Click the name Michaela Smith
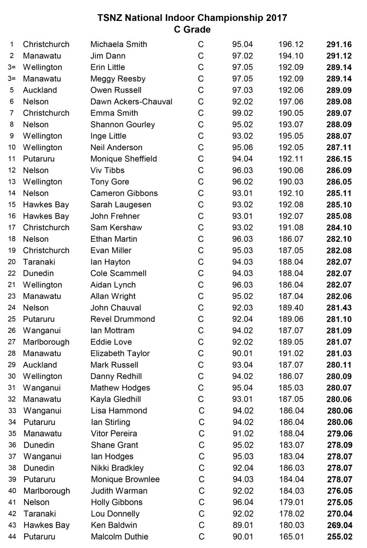coord(118,44)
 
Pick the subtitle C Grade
coord(192,30)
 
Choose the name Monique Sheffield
coord(124,159)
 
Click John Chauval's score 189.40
coord(290,308)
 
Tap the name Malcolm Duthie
coord(120,536)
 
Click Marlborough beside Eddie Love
coord(46,342)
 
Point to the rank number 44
coord(12,536)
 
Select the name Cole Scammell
coord(118,273)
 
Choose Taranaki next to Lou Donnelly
coord(39,513)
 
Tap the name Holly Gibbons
coord(116,502)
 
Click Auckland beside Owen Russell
coord(40,90)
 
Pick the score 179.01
coord(290,502)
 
